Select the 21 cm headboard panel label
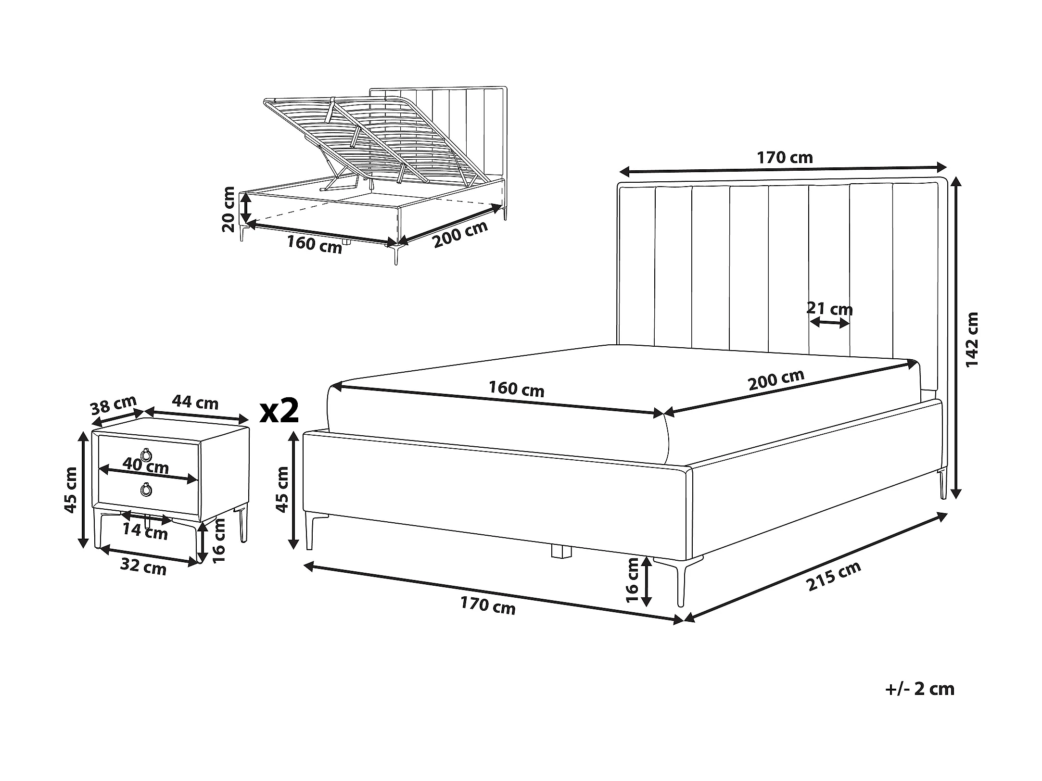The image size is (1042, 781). tap(829, 308)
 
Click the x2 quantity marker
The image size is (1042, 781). tap(279, 410)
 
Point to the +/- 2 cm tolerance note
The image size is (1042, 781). tap(920, 689)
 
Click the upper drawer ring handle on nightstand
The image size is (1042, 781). tap(146, 453)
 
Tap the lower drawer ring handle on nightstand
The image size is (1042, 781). tap(146, 490)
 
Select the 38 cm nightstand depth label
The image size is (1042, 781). tap(114, 405)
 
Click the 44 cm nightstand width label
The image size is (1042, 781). tap(195, 402)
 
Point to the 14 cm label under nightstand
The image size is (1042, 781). tap(145, 531)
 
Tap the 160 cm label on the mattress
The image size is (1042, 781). tap(517, 389)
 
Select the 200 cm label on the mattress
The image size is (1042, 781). tap(776, 379)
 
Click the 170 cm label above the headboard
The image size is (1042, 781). tap(785, 157)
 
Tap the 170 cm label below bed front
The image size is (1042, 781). tap(488, 606)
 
